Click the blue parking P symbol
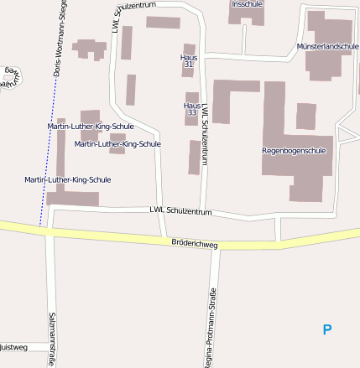pyautogui.click(x=327, y=330)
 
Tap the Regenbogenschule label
pyautogui.click(x=294, y=151)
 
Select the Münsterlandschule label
pyautogui.click(x=328, y=46)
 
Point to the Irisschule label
pyautogui.click(x=246, y=4)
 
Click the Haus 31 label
pyautogui.click(x=189, y=60)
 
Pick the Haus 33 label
pyautogui.click(x=191, y=108)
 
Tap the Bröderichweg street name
pyautogui.click(x=194, y=245)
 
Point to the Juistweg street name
pyautogui.click(x=13, y=346)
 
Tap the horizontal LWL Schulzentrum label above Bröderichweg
pyautogui.click(x=180, y=211)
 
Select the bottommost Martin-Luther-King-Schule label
pyautogui.click(x=68, y=179)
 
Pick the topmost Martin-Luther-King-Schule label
pyautogui.click(x=91, y=126)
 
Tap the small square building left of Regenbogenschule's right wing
pyautogui.click(x=305, y=116)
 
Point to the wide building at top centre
pyautogui.click(x=163, y=23)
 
